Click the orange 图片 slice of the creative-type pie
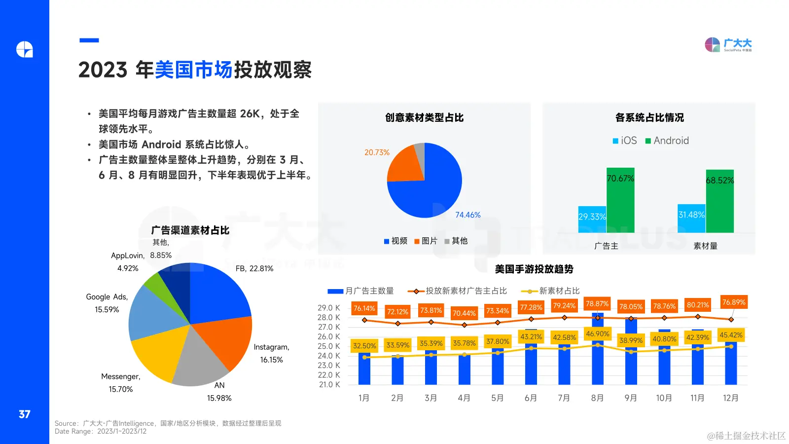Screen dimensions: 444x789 (406, 164)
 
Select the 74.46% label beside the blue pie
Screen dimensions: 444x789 (467, 215)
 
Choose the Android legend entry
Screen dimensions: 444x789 (667, 141)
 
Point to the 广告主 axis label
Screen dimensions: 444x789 (606, 246)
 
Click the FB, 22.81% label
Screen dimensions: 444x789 (254, 268)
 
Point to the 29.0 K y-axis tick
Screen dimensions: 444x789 (328, 308)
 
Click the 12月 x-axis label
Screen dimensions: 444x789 (730, 398)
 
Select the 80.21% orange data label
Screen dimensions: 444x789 (698, 305)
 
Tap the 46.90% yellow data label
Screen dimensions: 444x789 (598, 334)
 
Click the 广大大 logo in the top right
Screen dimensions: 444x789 (728, 45)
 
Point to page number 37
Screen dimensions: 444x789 (25, 414)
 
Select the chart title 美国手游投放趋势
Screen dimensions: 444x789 (534, 269)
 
